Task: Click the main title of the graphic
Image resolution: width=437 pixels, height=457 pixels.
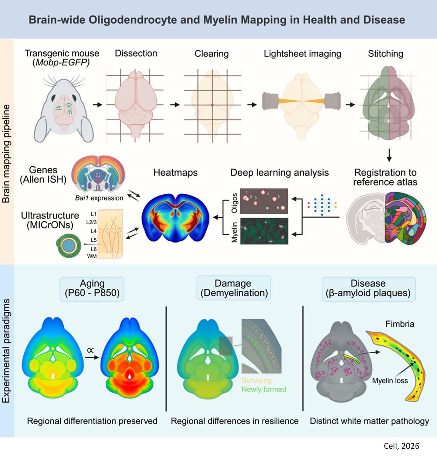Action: coord(217,20)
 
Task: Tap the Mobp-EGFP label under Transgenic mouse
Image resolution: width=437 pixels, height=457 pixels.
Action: coord(61,63)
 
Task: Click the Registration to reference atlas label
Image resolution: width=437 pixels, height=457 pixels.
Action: coord(385,177)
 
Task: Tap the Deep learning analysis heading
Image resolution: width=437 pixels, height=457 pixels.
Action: coord(279,172)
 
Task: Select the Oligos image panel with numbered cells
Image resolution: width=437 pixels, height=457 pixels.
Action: coord(264,201)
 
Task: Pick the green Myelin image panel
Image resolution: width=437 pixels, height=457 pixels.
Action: coord(264,231)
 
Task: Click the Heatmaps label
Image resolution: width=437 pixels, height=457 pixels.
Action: coord(175,172)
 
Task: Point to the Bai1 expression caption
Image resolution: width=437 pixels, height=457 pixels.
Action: coord(99,198)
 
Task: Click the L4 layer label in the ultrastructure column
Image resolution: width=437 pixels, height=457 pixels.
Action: coord(94,231)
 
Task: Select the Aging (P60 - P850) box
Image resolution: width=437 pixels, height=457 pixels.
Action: coord(92,288)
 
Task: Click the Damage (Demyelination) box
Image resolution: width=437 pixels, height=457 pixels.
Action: coord(233,288)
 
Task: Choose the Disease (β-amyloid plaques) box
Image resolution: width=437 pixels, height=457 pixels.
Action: coord(368,288)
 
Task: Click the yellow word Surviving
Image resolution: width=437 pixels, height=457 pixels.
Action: coord(256,380)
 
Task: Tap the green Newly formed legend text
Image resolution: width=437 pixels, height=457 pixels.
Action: coord(264,389)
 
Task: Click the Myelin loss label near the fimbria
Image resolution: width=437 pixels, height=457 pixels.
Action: coord(390,381)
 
